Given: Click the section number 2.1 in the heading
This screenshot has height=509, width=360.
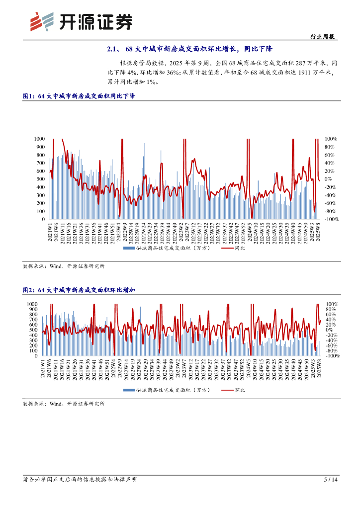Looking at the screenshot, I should point(111,49).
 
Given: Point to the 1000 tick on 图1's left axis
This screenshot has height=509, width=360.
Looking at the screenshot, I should point(39,139).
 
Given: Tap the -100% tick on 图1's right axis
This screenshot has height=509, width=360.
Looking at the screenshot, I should point(332,219).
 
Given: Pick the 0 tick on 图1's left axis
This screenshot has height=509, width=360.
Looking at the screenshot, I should point(43,219).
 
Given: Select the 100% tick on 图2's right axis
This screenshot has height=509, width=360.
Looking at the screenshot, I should point(332,304).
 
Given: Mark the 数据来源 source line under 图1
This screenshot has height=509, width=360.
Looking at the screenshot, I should point(64,266).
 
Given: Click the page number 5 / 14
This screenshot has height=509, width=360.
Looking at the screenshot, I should point(331,480).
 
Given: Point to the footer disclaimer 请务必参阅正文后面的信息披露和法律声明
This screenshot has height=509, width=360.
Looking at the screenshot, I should point(80,480).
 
